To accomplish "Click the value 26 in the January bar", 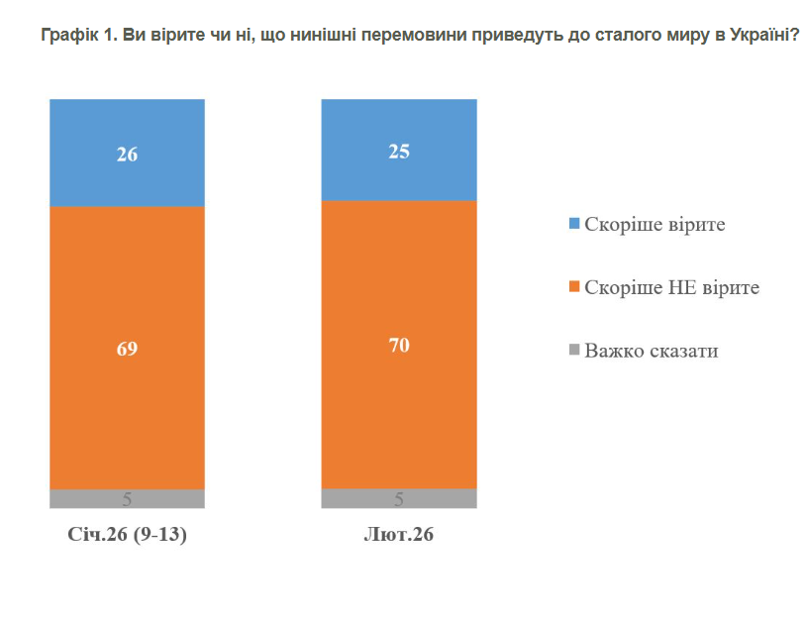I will [127, 155].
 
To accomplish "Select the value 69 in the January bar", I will [127, 349].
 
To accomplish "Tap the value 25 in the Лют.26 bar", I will [400, 152].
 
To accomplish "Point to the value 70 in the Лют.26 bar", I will [400, 346].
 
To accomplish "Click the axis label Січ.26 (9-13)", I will [127, 536].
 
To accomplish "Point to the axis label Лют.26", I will [399, 536].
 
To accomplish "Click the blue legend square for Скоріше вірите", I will [573, 225].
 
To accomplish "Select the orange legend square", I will [573, 288].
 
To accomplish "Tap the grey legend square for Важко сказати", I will [573, 351].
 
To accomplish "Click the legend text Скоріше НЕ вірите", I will [672, 288].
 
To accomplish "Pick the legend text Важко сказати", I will [651, 351].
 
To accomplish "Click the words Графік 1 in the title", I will [79, 37].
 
